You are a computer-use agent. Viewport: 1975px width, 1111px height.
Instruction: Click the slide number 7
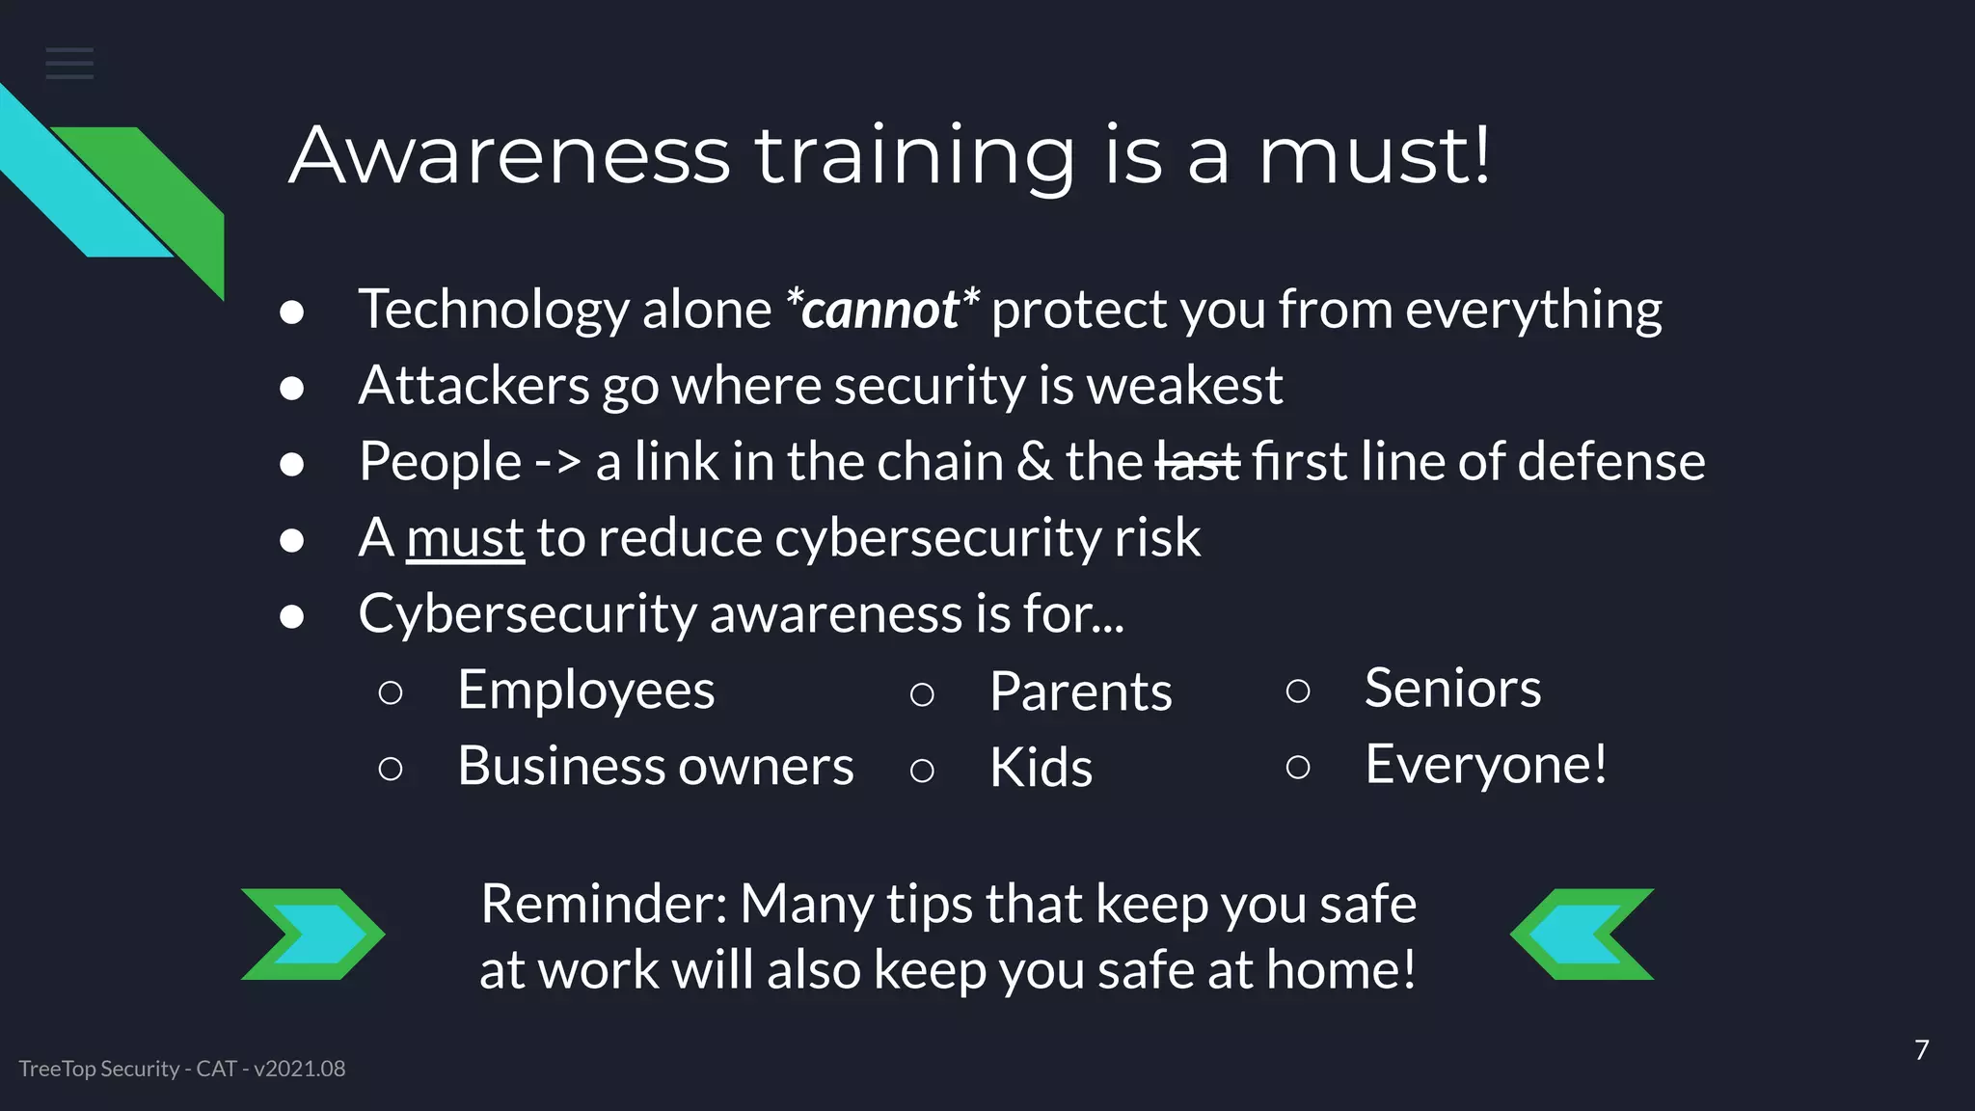(x=1921, y=1049)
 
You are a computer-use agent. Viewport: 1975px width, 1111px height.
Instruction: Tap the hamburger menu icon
(x=69, y=64)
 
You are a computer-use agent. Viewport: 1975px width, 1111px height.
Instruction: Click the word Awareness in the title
(x=510, y=155)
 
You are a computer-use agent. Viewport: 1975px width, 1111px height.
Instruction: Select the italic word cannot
(x=880, y=310)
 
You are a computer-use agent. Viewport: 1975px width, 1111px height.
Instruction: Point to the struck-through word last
(x=1197, y=461)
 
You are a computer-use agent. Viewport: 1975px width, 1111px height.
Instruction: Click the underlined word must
(x=465, y=537)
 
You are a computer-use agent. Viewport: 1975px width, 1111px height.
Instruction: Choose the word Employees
(x=586, y=690)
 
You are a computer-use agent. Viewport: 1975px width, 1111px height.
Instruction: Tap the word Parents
(x=1080, y=691)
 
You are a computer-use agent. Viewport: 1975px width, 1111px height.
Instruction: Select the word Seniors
(x=1452, y=688)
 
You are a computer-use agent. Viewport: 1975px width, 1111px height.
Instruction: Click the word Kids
(x=1041, y=768)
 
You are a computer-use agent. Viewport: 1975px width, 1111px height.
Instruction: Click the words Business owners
(x=656, y=766)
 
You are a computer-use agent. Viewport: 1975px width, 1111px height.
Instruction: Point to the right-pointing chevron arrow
(x=312, y=934)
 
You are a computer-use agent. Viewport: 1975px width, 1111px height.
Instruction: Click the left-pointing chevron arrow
(x=1582, y=934)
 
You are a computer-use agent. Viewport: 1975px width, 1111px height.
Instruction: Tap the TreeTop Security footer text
(x=182, y=1069)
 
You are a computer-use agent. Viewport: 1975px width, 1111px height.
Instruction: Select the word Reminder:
(x=604, y=904)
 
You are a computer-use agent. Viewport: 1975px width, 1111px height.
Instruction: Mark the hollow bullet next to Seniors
(x=1298, y=690)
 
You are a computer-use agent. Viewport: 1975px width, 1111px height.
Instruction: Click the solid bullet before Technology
(x=291, y=312)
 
